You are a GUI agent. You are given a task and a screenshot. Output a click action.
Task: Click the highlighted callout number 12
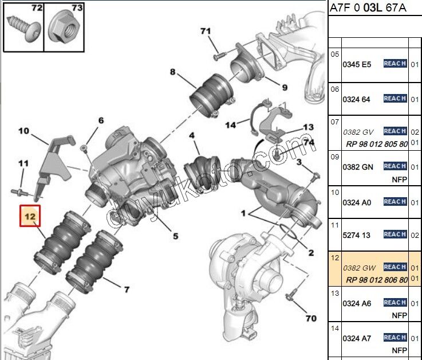tap(30, 216)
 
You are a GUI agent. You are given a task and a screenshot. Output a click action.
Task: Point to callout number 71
tap(206, 31)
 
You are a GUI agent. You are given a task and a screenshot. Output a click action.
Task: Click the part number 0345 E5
tap(356, 64)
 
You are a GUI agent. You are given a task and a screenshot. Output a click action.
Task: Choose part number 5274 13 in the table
tap(357, 234)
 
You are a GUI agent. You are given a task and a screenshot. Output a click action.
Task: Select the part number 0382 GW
tap(359, 267)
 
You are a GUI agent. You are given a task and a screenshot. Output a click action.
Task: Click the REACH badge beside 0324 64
tap(395, 99)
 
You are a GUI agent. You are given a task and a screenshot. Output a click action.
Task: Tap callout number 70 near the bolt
tap(310, 317)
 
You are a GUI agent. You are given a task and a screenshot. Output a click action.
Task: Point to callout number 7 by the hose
tap(127, 289)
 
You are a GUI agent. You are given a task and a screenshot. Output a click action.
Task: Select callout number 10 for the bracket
tap(23, 131)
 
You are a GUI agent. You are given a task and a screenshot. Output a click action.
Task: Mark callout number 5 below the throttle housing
tap(175, 236)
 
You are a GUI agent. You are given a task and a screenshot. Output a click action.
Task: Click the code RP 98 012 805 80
tap(375, 144)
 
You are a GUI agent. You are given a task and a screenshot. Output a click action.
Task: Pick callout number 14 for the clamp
tap(230, 124)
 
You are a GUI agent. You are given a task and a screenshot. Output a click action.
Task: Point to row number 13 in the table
tap(335, 294)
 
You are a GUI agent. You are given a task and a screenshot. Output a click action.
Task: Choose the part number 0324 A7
tap(356, 338)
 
